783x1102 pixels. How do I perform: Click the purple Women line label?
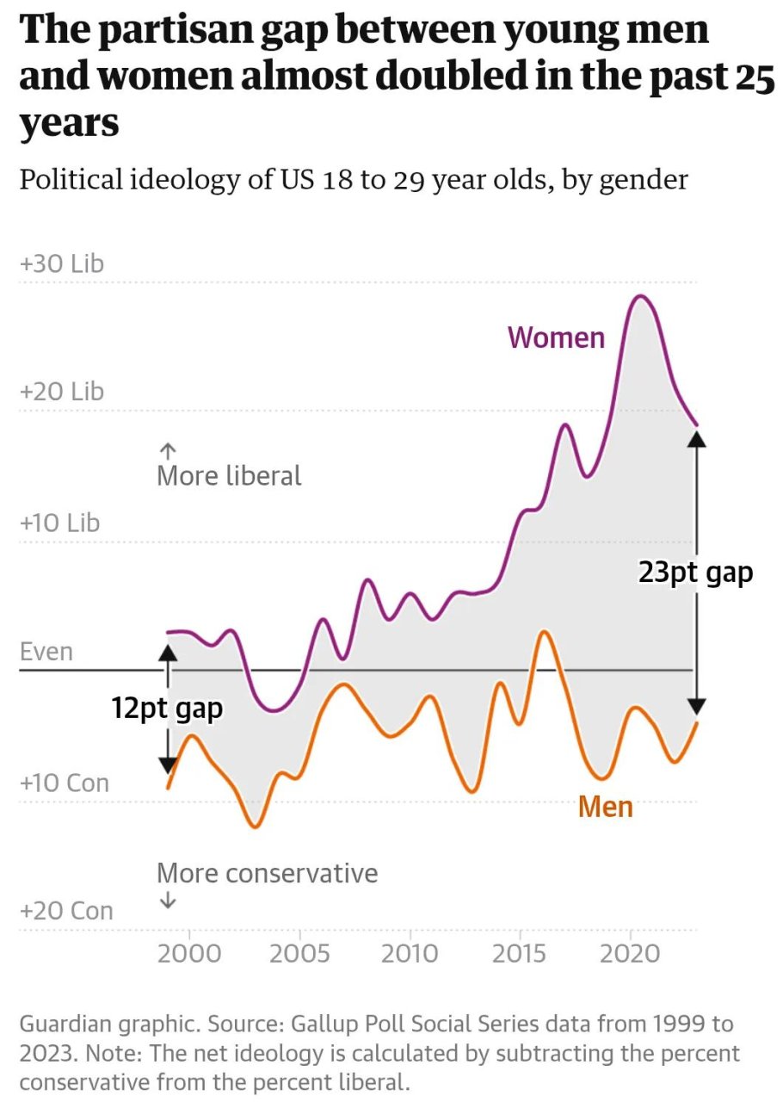click(556, 337)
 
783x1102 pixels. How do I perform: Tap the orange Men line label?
click(605, 807)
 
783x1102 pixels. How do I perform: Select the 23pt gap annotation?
click(695, 573)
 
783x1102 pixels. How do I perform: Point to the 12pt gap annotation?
click(167, 709)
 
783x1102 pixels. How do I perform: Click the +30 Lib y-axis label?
click(61, 263)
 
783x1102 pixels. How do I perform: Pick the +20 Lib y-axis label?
click(61, 392)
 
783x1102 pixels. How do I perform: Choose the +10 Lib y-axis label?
click(59, 523)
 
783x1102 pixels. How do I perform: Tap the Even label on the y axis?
click(46, 652)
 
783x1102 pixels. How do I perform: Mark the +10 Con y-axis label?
click(65, 783)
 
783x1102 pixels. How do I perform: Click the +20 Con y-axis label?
click(66, 911)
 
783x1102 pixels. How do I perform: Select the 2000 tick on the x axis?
click(189, 954)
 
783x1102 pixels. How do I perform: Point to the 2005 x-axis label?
click(299, 954)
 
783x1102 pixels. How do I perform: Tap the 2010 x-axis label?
click(410, 954)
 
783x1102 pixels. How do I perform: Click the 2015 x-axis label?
click(521, 954)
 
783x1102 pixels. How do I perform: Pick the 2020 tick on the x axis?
click(631, 954)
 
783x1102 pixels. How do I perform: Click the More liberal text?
click(229, 475)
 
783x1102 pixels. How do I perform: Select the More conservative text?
click(267, 873)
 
